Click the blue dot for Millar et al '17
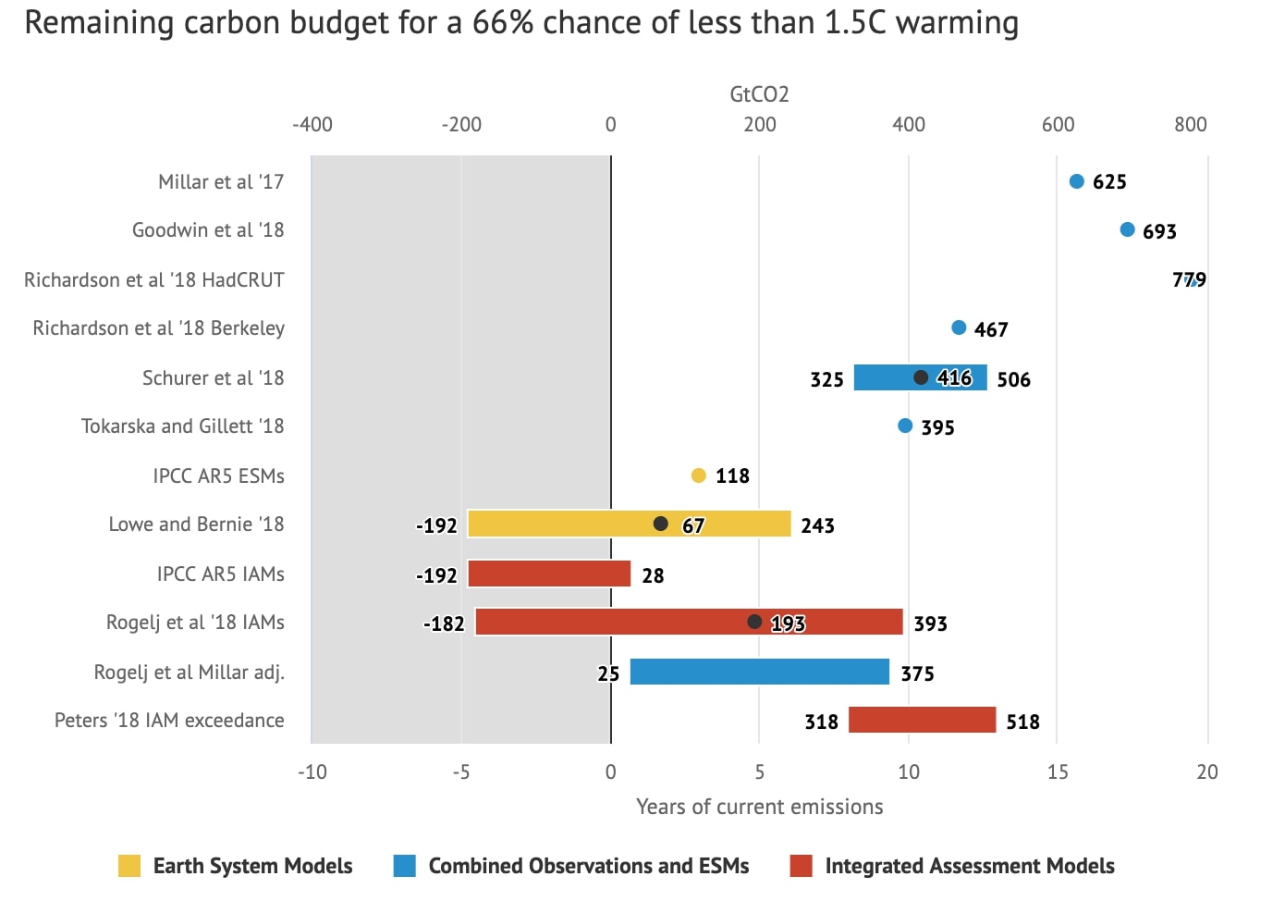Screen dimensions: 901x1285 [x=1076, y=181]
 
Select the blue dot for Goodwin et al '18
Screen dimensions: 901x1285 [x=1127, y=229]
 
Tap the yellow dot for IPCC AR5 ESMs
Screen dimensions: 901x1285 [x=698, y=475]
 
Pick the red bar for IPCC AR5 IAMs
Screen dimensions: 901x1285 [x=549, y=574]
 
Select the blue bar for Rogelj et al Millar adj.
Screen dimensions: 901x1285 [x=759, y=672]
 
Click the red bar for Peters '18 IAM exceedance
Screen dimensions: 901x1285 [x=922, y=720]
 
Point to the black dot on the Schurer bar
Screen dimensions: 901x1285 [x=921, y=377]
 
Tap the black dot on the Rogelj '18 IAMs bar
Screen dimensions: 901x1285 [x=754, y=622]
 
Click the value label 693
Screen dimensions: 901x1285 [x=1159, y=231]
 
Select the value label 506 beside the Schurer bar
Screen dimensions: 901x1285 [x=1013, y=379]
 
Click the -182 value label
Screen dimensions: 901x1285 [x=444, y=623]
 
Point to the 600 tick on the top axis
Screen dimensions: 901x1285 [x=1058, y=124]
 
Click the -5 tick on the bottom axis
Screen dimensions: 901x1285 [x=460, y=771]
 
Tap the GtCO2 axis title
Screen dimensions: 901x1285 [x=759, y=94]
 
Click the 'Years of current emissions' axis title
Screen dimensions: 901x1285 [x=759, y=807]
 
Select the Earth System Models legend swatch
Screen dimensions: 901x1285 [x=129, y=866]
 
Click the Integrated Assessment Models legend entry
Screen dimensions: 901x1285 [x=969, y=866]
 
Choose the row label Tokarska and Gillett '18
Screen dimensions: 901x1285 [x=182, y=426]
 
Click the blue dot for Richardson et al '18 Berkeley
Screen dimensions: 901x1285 [x=959, y=327]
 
